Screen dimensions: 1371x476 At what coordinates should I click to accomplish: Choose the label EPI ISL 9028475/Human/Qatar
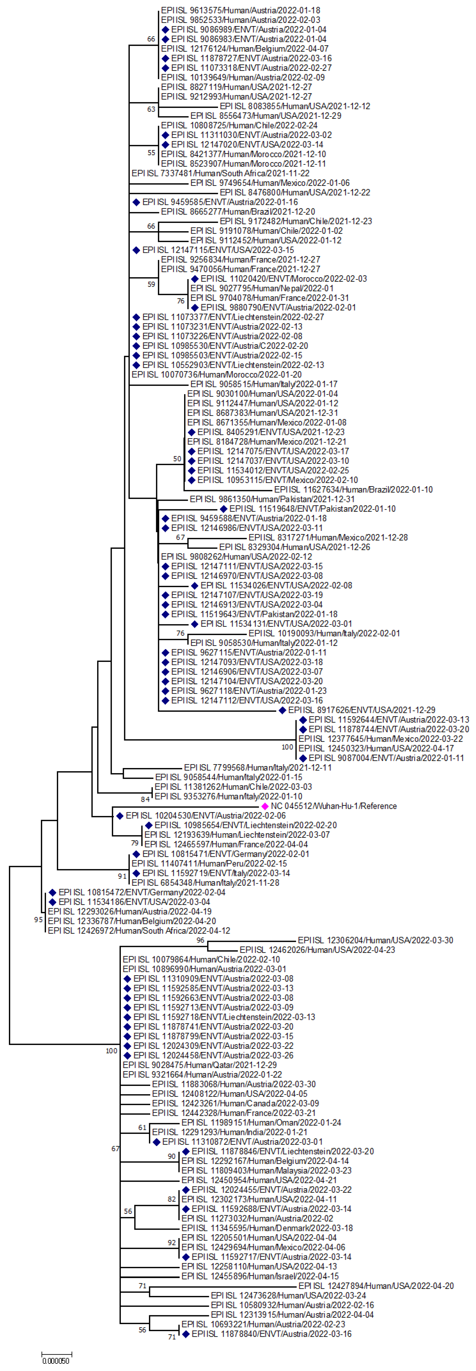point(200,1065)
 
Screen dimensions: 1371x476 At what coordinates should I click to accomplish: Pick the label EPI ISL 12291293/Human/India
point(229,1132)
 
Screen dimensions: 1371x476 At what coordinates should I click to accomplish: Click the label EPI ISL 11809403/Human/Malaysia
point(266,1170)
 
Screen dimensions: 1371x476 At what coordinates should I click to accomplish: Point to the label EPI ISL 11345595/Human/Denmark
point(267,1228)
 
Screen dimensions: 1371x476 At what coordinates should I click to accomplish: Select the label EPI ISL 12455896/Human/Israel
point(260,1276)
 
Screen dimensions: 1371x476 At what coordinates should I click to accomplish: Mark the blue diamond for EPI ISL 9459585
point(136,202)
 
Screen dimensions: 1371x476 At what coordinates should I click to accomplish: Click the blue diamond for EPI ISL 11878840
point(186,1334)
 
